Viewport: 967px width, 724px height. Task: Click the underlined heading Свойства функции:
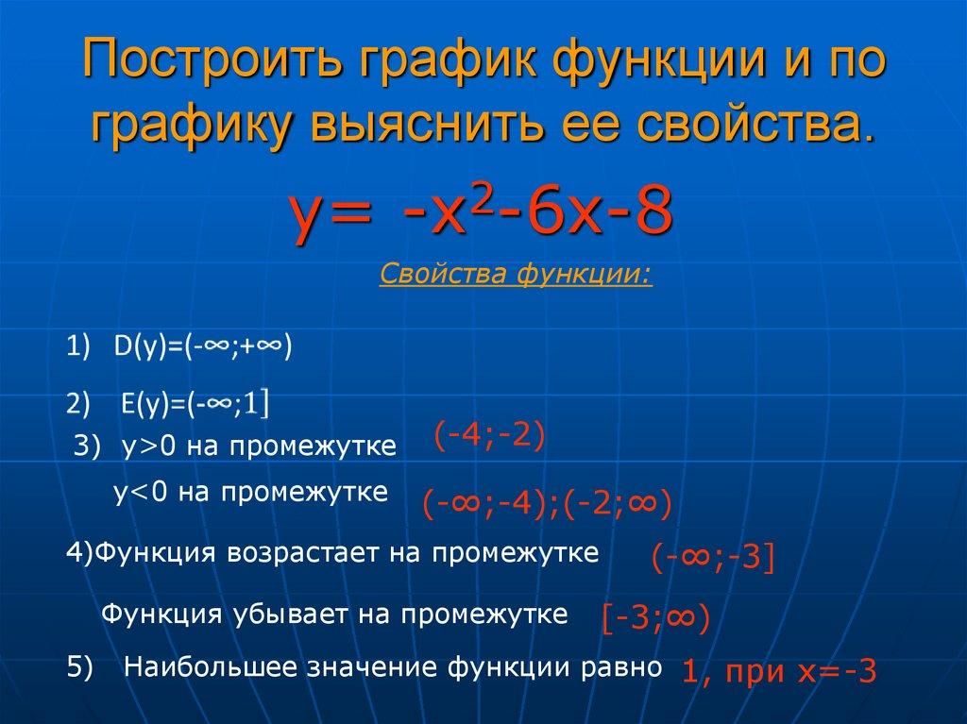pos(515,277)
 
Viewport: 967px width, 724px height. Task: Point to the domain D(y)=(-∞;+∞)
pos(202,346)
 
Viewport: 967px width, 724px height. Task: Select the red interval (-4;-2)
pos(490,437)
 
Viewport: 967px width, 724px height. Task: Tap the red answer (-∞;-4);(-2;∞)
pos(547,504)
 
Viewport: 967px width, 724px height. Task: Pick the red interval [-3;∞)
pos(655,618)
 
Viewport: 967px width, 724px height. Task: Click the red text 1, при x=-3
pos(779,671)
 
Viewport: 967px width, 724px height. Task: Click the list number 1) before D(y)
pos(76,347)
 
